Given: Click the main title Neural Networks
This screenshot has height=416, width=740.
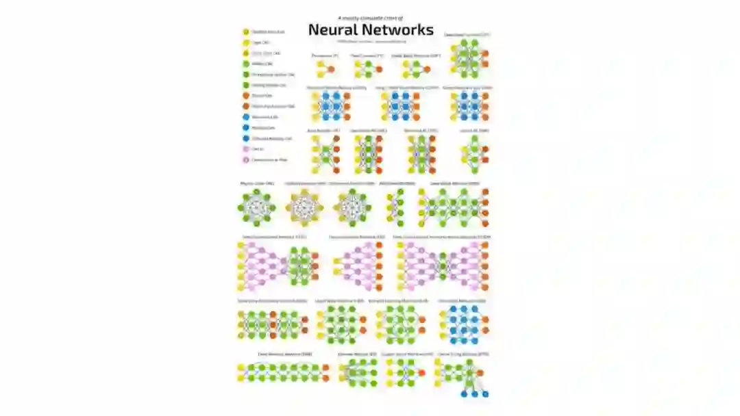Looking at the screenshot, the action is pyautogui.click(x=371, y=29).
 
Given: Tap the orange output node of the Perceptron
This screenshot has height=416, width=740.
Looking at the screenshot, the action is pyautogui.click(x=331, y=69).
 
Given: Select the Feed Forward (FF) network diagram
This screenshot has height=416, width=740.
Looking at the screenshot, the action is pyautogui.click(x=363, y=69).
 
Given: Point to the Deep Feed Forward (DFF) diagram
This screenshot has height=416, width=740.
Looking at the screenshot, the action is pyautogui.click(x=469, y=59).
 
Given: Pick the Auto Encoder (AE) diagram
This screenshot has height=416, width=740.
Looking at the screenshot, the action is pyautogui.click(x=325, y=154).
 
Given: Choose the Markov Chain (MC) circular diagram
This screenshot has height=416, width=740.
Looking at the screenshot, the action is pyautogui.click(x=256, y=207).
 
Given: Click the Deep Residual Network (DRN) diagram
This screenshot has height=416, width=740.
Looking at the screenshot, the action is pyautogui.click(x=284, y=373).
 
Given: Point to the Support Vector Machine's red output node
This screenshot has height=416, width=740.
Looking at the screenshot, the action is pyautogui.click(x=421, y=372).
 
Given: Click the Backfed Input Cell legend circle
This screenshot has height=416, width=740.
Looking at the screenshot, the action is pyautogui.click(x=245, y=31).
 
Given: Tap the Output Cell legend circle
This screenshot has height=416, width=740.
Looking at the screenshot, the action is pyautogui.click(x=245, y=95).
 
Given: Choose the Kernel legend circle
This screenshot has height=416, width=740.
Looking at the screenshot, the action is pyautogui.click(x=245, y=148).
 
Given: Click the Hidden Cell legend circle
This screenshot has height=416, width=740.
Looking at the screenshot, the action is pyautogui.click(x=245, y=64).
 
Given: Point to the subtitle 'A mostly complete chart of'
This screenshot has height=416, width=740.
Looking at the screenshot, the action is pyautogui.click(x=371, y=18).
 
